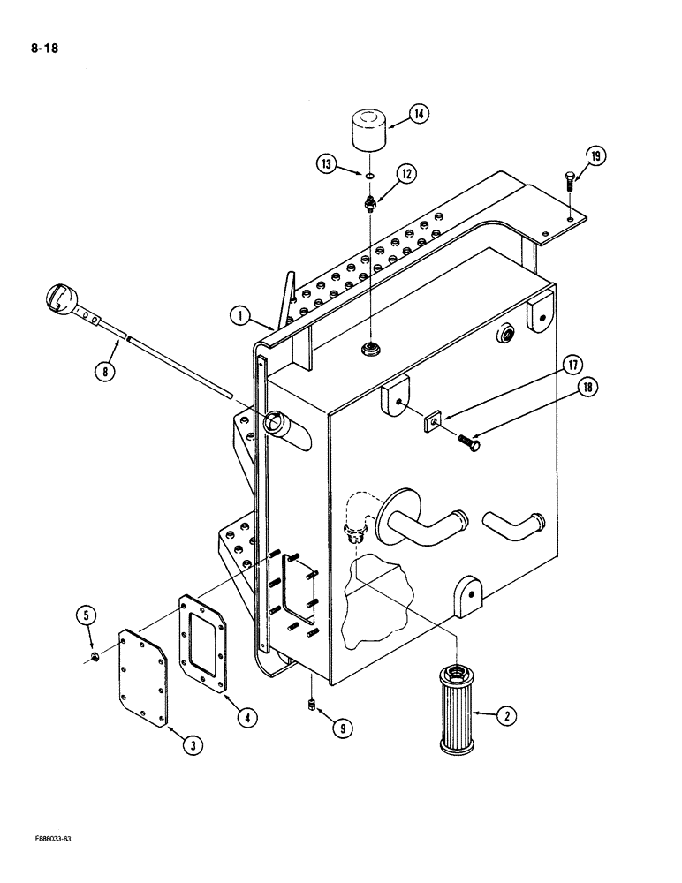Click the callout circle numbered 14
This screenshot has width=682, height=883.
click(419, 115)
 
